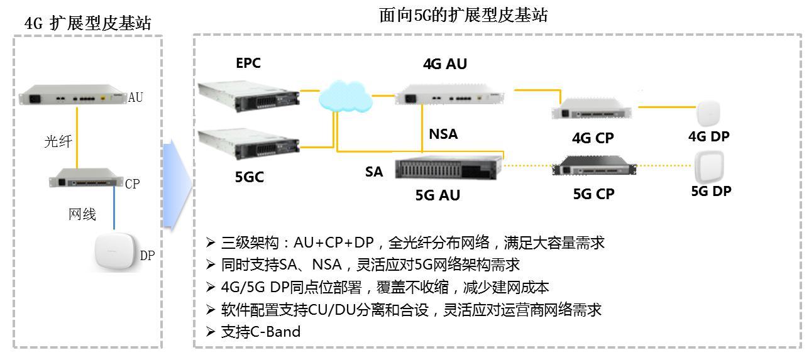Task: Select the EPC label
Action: pyautogui.click(x=248, y=63)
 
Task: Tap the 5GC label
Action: pyautogui.click(x=250, y=177)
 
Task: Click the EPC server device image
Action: pyautogui.click(x=249, y=95)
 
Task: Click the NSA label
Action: pyautogui.click(x=443, y=133)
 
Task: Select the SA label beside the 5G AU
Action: pyautogui.click(x=374, y=172)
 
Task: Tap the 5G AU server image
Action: pyautogui.click(x=449, y=168)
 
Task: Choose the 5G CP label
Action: pyautogui.click(x=593, y=194)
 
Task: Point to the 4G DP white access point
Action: pyautogui.click(x=708, y=114)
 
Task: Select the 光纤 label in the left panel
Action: pyautogui.click(x=58, y=141)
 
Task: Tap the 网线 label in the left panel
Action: pyautogui.click(x=82, y=214)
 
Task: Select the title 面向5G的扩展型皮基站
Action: pyautogui.click(x=463, y=15)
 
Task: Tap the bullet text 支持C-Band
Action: pyautogui.click(x=261, y=331)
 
